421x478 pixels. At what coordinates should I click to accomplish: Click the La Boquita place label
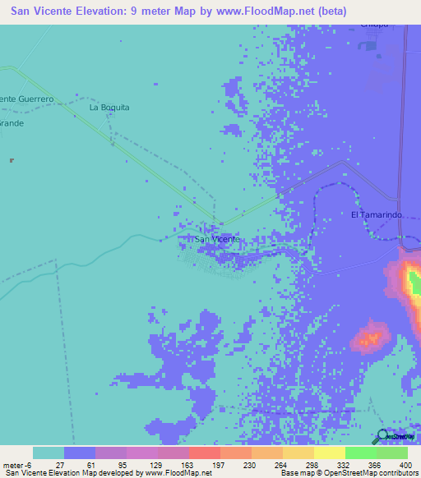tap(109, 108)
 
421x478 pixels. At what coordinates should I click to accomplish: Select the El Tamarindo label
tap(376, 214)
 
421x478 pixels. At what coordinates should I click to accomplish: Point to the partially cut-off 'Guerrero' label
tap(28, 99)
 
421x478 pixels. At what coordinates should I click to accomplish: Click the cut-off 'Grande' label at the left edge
tap(12, 123)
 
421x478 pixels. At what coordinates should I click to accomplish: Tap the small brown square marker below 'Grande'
tap(11, 160)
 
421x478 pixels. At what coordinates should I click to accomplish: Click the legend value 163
tap(188, 464)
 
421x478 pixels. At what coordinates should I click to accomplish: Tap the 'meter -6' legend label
tap(16, 464)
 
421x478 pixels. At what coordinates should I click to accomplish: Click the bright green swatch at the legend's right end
tap(391, 453)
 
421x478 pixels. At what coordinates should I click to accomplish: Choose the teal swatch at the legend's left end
tap(49, 453)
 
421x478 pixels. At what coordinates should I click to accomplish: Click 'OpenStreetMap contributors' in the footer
tap(368, 473)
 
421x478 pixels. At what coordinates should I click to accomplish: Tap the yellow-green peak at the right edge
tap(413, 283)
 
